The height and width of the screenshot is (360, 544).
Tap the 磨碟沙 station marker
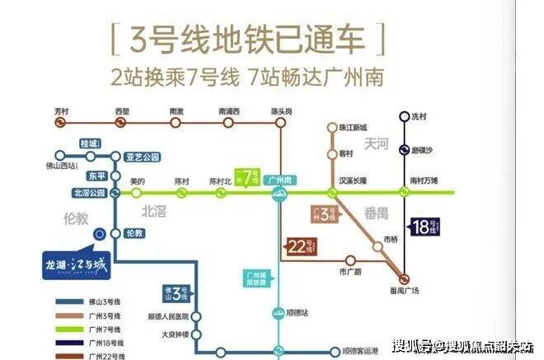pyautogui.click(x=404, y=150)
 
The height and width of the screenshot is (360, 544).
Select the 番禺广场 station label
pyautogui.click(x=404, y=289)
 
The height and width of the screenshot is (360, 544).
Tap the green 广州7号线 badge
pyautogui.click(x=243, y=177)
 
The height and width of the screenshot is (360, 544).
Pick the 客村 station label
pyautogui.click(x=345, y=154)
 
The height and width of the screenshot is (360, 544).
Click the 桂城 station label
pyautogui.click(x=88, y=143)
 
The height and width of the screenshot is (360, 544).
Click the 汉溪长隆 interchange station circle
pyautogui.click(x=333, y=192)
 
